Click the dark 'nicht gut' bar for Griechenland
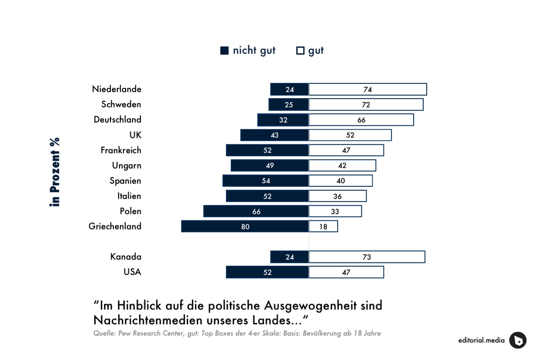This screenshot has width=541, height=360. (x=245, y=226)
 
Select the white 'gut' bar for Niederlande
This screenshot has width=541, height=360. (x=368, y=89)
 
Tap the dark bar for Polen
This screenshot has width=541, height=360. (x=256, y=211)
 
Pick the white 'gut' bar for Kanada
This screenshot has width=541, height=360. (x=367, y=257)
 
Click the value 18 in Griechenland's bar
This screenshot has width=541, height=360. (x=323, y=227)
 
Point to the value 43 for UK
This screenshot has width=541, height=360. (x=274, y=135)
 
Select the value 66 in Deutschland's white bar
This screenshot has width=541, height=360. (x=361, y=120)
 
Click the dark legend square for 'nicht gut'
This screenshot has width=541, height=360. (x=225, y=51)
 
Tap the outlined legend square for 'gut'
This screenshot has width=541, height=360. (x=300, y=51)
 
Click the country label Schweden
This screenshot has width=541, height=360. (x=121, y=104)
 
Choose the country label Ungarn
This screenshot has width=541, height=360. (x=127, y=165)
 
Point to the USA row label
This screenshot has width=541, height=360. (x=132, y=272)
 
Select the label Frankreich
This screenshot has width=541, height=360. (x=121, y=150)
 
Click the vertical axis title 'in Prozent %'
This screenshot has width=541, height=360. (x=55, y=172)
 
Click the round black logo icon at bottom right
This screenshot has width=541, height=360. (x=518, y=340)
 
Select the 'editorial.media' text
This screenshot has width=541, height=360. (x=481, y=340)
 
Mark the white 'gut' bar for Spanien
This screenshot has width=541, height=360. (x=341, y=181)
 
